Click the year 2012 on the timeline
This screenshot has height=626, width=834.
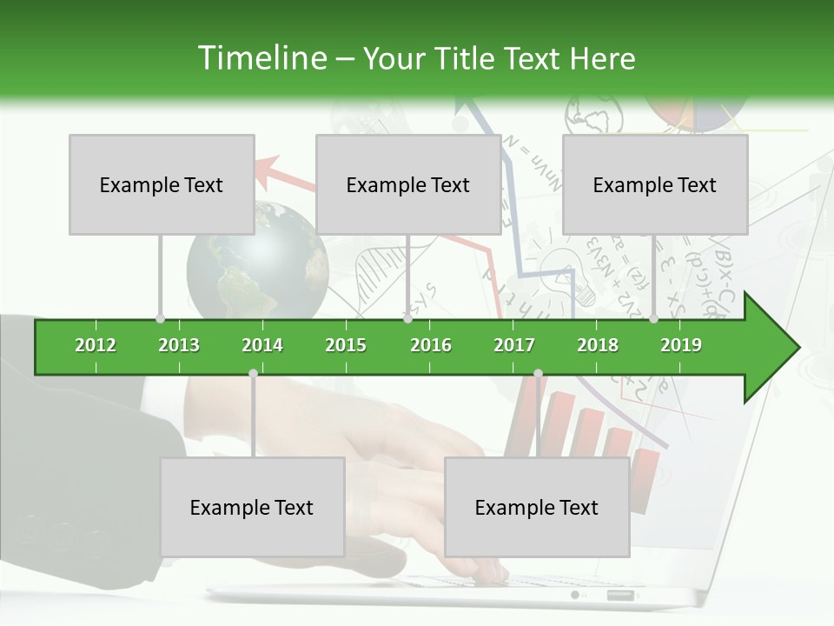coord(96,345)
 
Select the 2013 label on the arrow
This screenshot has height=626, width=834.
coord(179,345)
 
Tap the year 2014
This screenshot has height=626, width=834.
coord(262,345)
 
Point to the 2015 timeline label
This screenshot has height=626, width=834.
coord(346,345)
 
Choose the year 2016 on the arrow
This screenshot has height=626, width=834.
coord(431,345)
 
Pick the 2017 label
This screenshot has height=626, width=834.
coord(514,345)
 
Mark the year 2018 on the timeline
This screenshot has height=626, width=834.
coord(598,345)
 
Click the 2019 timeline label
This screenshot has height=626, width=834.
coord(681,345)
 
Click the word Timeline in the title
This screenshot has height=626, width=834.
coord(260,58)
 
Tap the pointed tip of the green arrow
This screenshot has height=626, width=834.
coord(797,348)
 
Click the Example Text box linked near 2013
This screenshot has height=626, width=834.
coord(162,184)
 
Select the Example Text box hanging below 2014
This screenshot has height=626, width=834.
coord(252,507)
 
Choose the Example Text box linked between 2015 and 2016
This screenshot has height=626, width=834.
coord(408,184)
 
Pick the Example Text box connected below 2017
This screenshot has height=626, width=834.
coord(537,507)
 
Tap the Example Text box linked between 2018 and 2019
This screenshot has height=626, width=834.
coord(655,184)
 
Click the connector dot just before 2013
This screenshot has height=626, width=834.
coord(160,319)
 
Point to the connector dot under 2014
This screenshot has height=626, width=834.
coord(253,373)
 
